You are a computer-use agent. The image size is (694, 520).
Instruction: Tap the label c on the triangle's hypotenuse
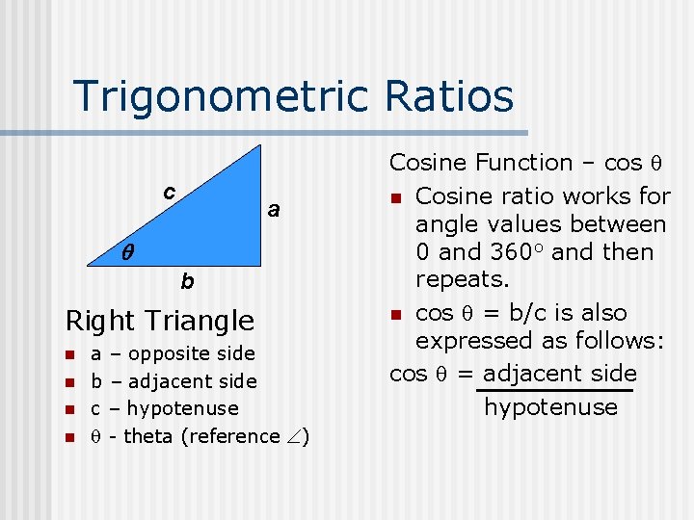click(169, 192)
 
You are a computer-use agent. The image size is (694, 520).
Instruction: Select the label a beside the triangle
click(274, 209)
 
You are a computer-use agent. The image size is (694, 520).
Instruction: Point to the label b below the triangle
click(187, 282)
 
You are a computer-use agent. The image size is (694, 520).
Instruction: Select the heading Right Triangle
click(159, 320)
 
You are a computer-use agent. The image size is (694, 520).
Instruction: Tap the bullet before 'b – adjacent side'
click(69, 382)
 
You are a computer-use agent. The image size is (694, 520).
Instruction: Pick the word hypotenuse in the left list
click(182, 409)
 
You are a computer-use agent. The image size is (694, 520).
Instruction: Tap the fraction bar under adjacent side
click(555, 390)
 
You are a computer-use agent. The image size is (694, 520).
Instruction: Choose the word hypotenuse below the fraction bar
click(550, 407)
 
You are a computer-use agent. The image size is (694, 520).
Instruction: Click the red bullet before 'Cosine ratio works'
click(395, 198)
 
